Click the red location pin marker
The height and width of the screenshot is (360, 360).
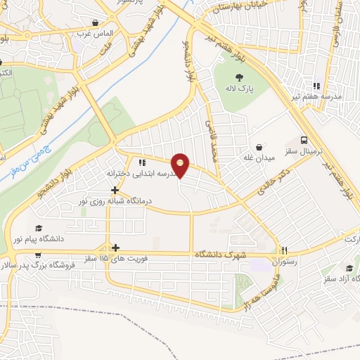point(181,165)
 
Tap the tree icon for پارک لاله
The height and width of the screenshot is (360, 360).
point(239,77)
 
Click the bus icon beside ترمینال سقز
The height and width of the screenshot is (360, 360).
point(304,141)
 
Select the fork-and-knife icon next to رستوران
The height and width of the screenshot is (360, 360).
point(284,250)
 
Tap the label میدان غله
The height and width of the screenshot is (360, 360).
point(259,159)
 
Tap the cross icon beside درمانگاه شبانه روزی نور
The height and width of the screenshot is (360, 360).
point(115,190)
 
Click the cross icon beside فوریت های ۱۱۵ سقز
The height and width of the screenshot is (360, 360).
point(115,247)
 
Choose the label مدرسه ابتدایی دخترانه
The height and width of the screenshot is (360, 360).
point(141,173)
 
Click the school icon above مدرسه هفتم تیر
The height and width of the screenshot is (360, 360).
point(316,84)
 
